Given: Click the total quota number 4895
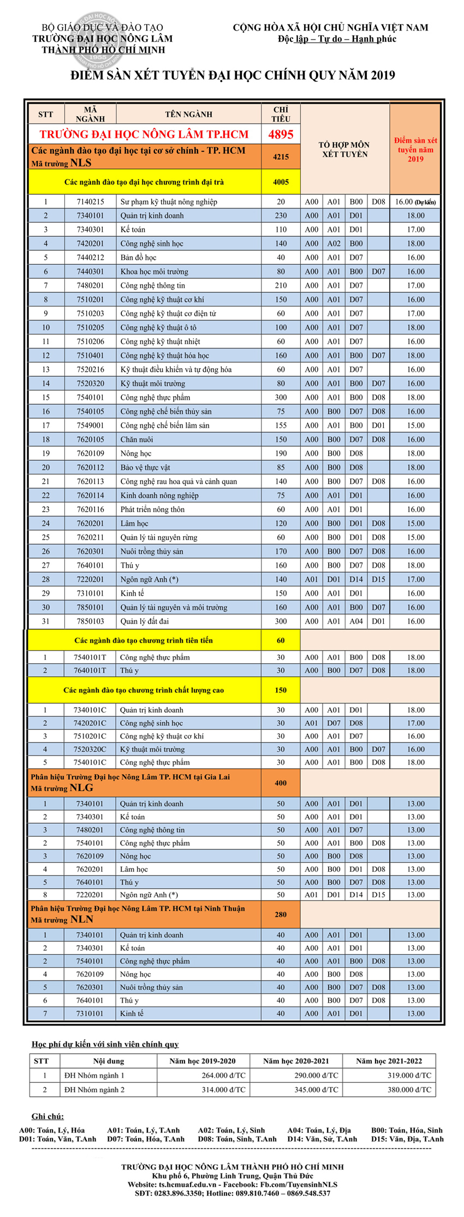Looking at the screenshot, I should pyautogui.click(x=281, y=134).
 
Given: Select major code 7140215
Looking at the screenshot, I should pyautogui.click(x=90, y=202).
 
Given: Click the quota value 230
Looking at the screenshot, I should pyautogui.click(x=281, y=215).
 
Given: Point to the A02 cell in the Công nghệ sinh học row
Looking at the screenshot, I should pyautogui.click(x=334, y=244).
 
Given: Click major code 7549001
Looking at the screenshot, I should pyautogui.click(x=90, y=425).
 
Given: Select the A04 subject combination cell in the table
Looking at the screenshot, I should pyautogui.click(x=356, y=621).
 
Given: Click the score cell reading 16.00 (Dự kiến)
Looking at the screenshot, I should pyautogui.click(x=415, y=202).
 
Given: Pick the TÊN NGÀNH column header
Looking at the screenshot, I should pyautogui.click(x=188, y=114).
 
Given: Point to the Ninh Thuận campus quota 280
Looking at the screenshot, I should pyautogui.click(x=281, y=914).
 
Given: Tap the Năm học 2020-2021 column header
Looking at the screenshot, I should pyautogui.click(x=296, y=1061).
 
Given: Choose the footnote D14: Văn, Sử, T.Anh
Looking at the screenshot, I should pyautogui.click(x=322, y=1139).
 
